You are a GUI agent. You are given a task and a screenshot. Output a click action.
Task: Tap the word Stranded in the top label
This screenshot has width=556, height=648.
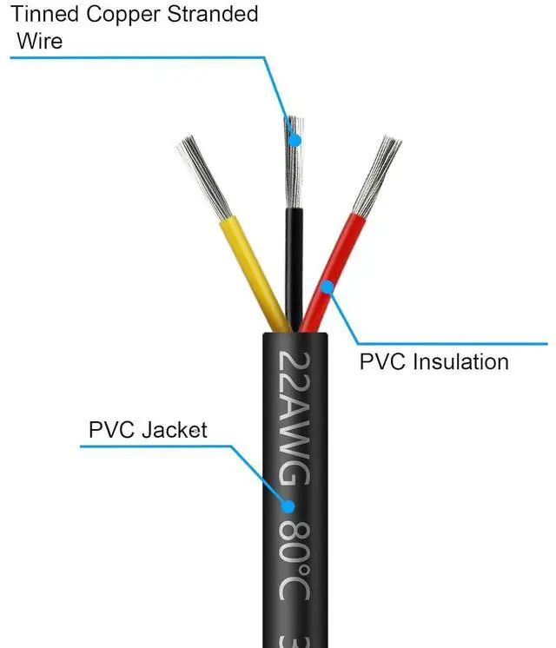(x=218, y=15)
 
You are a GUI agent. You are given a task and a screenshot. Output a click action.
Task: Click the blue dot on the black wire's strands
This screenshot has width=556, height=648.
(x=295, y=140)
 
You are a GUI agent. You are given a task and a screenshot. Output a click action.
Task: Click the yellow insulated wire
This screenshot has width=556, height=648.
(x=255, y=269)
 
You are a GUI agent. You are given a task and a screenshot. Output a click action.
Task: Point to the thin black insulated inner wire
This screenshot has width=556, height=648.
(x=294, y=261)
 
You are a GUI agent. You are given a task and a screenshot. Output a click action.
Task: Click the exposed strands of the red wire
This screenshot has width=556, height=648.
(x=376, y=174)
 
